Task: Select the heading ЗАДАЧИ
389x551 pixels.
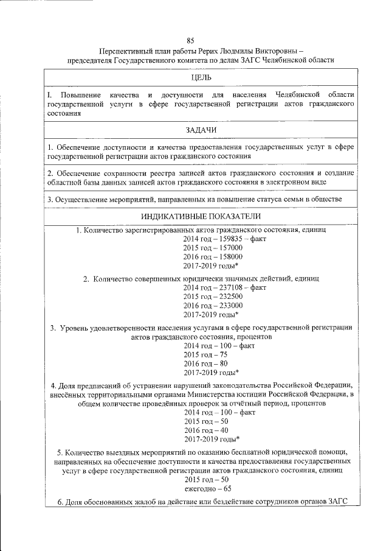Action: point(201,130)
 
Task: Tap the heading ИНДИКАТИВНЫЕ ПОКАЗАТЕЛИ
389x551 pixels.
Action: point(201,216)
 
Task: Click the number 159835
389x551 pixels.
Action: point(222,239)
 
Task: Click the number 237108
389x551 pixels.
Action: point(222,287)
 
